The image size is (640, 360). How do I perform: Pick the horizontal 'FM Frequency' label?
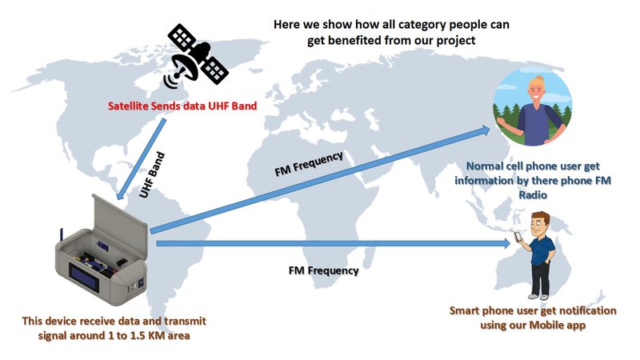[x=323, y=270]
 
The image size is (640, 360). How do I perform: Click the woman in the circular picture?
[x=534, y=107]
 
